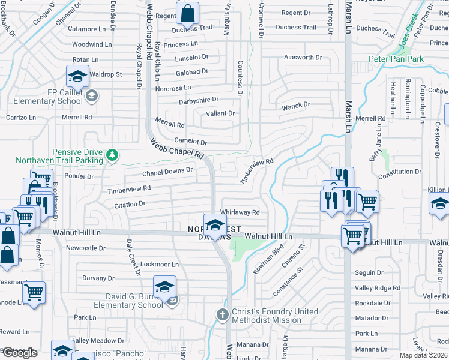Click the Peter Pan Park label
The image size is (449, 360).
pos(396,59)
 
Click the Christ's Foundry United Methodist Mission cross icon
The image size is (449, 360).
pos(222,315)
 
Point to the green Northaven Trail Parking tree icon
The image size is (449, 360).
pos(112,156)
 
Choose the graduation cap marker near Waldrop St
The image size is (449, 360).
pos(77,76)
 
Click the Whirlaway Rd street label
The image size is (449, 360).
pos(240,212)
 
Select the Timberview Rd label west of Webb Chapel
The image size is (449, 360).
pos(128,189)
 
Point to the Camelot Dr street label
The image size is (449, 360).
pos(190,142)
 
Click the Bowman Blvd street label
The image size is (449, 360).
pos(268,259)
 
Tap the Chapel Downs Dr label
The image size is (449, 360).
pos(167,172)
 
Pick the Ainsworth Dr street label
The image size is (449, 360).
pos(303,58)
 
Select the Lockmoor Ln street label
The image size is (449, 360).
pos(159,264)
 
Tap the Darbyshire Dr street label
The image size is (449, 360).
pos(199,101)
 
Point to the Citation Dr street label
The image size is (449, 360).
pos(130,204)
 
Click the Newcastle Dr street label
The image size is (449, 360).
pos(86,248)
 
